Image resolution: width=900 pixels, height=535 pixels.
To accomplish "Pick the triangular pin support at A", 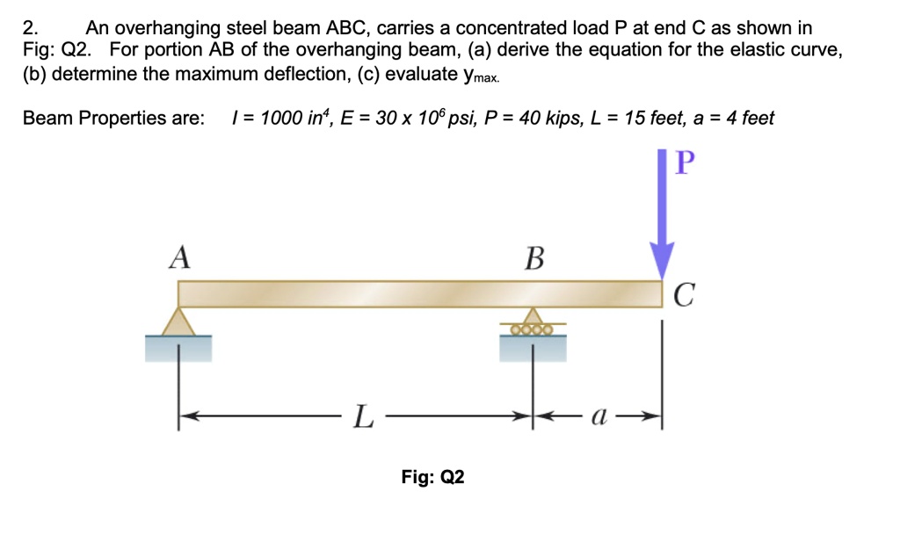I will point(179,321).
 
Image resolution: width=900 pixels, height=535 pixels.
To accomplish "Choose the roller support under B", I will point(533,323).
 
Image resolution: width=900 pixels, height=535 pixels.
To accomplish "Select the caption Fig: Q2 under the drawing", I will point(432,477).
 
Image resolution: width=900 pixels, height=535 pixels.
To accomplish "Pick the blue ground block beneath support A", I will point(179,349).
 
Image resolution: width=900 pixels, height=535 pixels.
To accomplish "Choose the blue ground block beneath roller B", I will point(533,349).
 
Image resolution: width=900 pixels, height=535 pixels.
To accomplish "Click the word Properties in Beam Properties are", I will point(125,118).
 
